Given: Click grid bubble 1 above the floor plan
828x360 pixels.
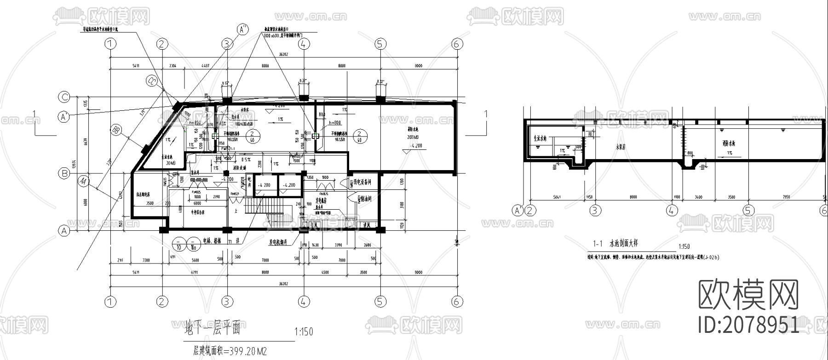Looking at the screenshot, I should pyautogui.click(x=110, y=44).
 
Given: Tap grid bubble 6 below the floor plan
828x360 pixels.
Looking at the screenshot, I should pyautogui.click(x=456, y=301).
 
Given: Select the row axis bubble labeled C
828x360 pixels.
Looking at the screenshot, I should pyautogui.click(x=64, y=97).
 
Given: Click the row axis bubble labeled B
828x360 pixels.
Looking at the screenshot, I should pyautogui.click(x=64, y=173).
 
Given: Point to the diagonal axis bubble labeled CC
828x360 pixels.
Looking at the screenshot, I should pyautogui.click(x=151, y=81).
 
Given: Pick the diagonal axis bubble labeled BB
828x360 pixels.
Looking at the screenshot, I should pyautogui.click(x=115, y=131).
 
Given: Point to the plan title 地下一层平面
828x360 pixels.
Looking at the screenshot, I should pyautogui.click(x=213, y=329).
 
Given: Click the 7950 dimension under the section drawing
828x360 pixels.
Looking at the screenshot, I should pyautogui.click(x=786, y=197).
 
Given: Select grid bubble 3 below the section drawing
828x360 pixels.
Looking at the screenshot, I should pyautogui.click(x=595, y=211).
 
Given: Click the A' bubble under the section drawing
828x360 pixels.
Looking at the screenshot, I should pyautogui.click(x=518, y=211).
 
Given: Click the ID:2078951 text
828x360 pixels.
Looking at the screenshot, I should pyautogui.click(x=748, y=325).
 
